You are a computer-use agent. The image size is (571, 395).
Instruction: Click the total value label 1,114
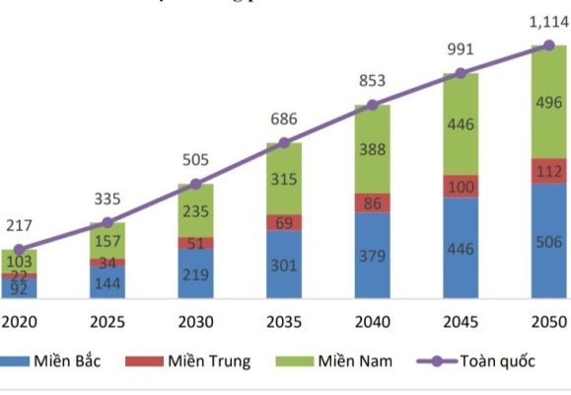click(x=547, y=21)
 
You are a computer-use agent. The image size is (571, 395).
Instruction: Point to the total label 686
click(x=284, y=119)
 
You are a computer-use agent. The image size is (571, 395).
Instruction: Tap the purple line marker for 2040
click(x=372, y=105)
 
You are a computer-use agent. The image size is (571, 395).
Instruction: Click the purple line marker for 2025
click(x=107, y=223)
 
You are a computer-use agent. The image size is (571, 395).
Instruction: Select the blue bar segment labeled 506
click(x=548, y=241)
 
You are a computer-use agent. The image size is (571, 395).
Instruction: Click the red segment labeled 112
click(x=548, y=171)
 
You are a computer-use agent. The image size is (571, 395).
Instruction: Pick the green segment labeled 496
click(x=548, y=104)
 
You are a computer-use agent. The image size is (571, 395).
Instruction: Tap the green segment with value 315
click(x=284, y=179)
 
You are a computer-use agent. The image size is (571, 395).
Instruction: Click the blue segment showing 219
click(x=195, y=274)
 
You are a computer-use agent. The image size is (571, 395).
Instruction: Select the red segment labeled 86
click(x=372, y=202)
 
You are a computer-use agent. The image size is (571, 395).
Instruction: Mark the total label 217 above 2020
click(x=19, y=226)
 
